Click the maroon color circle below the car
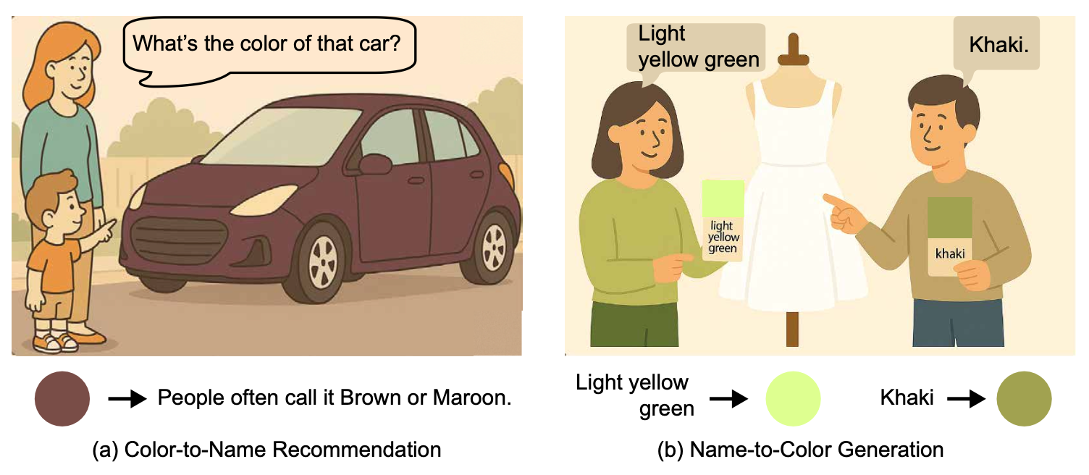pos(62,399)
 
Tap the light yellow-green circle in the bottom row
pos(793,399)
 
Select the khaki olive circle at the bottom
pos(1024,399)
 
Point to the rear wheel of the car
pos(491,248)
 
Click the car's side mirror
pos(374,164)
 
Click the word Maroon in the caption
pos(471,398)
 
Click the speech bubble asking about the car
pos(269,49)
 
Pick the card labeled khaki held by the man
pos(949,237)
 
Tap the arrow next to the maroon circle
pos(127,399)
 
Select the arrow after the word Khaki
pos(967,399)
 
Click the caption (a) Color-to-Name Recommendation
pos(267,450)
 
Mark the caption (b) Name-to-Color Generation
pos(800,450)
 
